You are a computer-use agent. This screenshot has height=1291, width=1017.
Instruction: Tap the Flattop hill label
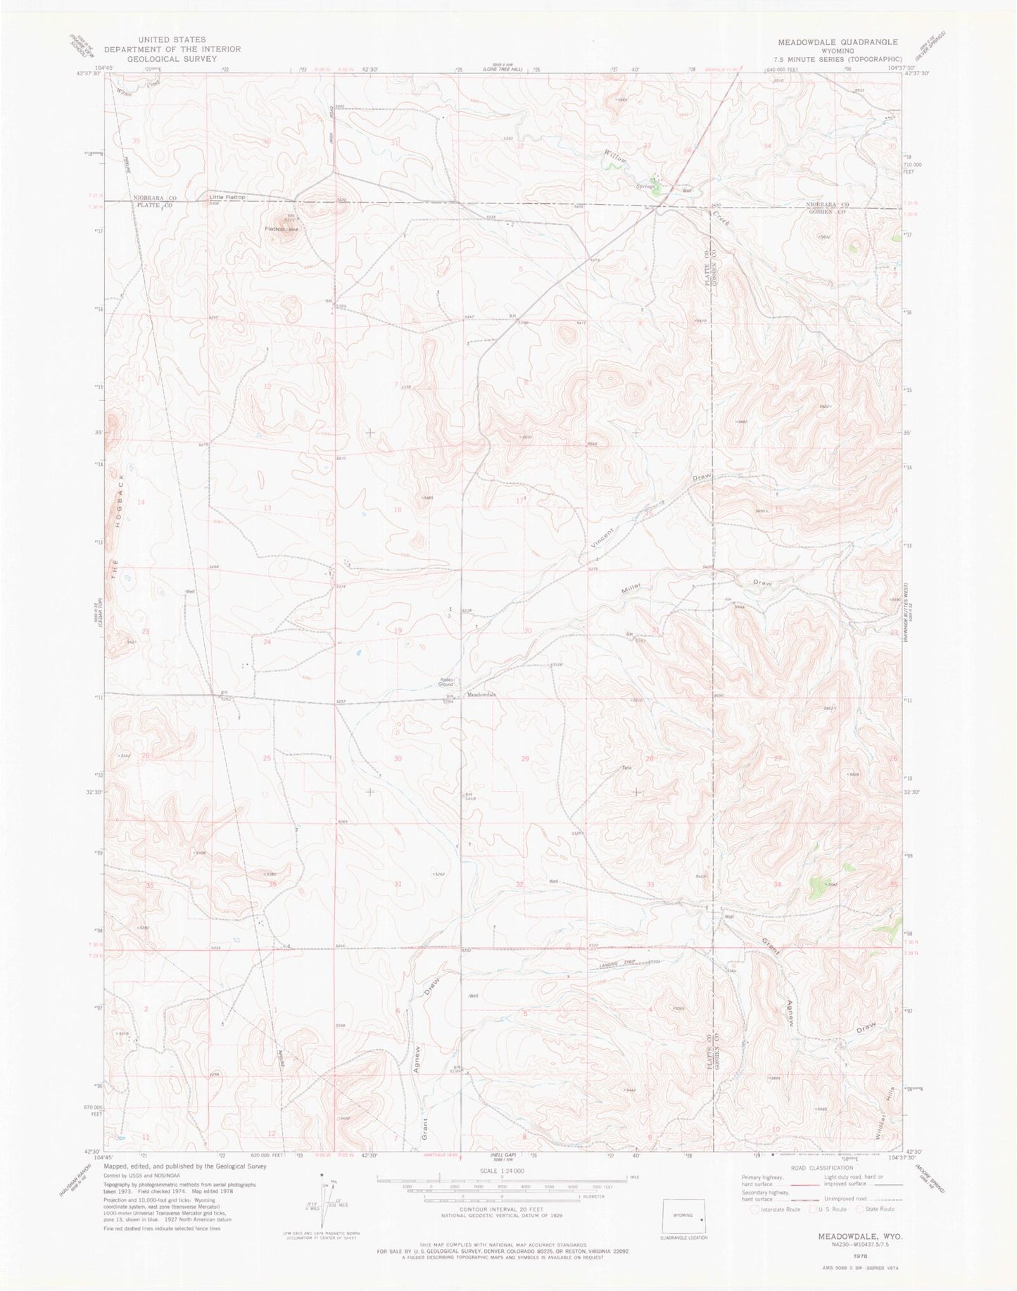point(274,229)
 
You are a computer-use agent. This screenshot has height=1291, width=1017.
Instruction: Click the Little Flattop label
point(227,198)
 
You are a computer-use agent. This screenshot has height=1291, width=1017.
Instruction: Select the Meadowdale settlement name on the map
point(482,694)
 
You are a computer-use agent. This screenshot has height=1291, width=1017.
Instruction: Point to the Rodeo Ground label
point(446,681)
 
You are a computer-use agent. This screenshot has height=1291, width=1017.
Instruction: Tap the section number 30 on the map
point(398,758)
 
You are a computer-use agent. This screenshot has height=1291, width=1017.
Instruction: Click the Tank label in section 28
point(624,768)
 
